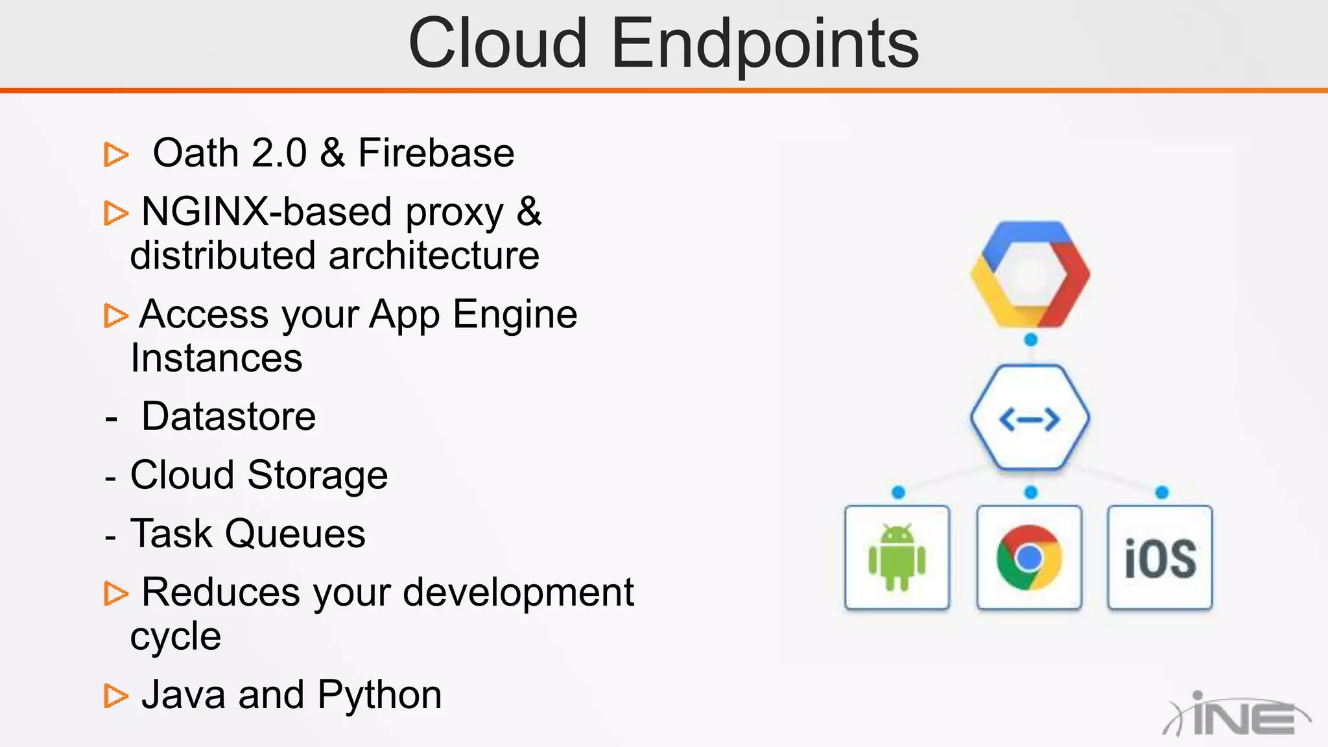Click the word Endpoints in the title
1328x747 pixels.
[x=765, y=44]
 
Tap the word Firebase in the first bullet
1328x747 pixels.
[x=436, y=153]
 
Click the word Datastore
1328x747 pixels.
[x=229, y=416]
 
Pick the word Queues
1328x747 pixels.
[x=295, y=534]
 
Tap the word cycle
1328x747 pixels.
[x=176, y=636]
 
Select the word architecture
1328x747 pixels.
[x=434, y=255]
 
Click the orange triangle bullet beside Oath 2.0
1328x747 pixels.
[x=115, y=154]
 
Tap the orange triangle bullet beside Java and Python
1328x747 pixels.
[x=115, y=696]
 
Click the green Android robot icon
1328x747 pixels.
[x=897, y=558]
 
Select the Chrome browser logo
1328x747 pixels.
[x=1029, y=558]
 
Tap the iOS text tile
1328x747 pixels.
[x=1160, y=558]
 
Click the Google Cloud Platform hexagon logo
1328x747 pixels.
[x=1030, y=274]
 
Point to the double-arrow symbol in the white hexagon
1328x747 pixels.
[x=1030, y=419]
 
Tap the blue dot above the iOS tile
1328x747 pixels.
[x=1162, y=493]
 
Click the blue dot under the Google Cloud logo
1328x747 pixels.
[x=1030, y=340]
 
